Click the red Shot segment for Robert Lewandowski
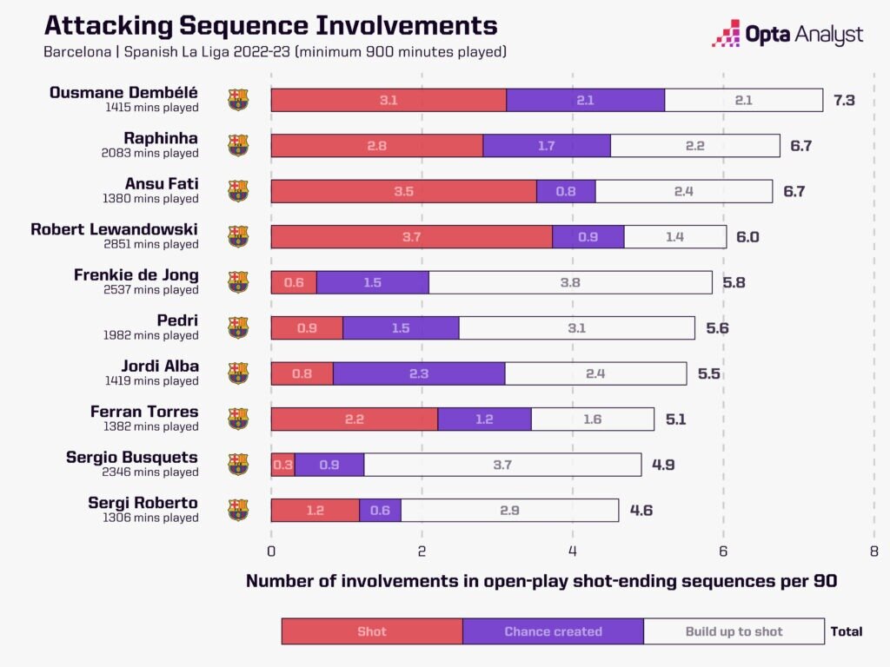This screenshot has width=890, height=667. click(x=411, y=236)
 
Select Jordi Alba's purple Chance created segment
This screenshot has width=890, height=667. click(x=418, y=373)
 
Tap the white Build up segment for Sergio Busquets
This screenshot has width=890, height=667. click(x=502, y=465)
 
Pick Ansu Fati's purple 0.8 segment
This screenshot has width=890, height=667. click(x=565, y=191)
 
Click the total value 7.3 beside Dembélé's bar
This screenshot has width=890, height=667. click(x=844, y=100)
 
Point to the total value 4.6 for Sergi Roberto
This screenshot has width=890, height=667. click(x=641, y=510)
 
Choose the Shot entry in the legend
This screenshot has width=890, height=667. click(x=372, y=631)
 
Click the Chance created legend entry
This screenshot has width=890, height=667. click(x=553, y=631)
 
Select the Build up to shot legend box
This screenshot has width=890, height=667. click(x=734, y=631)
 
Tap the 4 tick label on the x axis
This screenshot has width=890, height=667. click(x=572, y=551)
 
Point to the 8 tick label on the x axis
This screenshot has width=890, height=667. click(x=873, y=551)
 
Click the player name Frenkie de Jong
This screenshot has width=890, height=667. click(x=136, y=275)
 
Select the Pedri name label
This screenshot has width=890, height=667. click(x=177, y=320)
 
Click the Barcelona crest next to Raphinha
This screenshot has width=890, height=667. click(x=238, y=145)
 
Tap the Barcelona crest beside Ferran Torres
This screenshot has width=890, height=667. click(x=238, y=419)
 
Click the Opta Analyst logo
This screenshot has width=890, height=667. click(x=787, y=35)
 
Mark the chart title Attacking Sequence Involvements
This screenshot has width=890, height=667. click(x=270, y=25)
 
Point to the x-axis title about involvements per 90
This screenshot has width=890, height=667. click(x=541, y=581)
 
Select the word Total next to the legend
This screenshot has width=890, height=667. click(x=847, y=631)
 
